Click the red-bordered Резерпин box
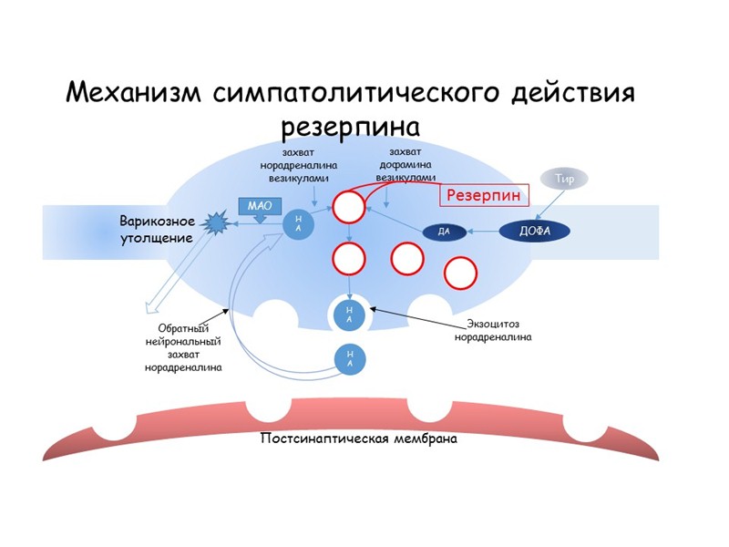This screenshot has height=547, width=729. pyautogui.click(x=483, y=194)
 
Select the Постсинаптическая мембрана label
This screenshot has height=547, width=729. pyautogui.click(x=358, y=438)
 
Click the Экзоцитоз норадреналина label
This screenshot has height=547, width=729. pyautogui.click(x=492, y=329)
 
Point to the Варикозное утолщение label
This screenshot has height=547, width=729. pyautogui.click(x=157, y=230)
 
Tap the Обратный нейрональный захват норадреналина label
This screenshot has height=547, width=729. pyautogui.click(x=183, y=348)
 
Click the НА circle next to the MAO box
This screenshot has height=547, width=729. pyautogui.click(x=299, y=222)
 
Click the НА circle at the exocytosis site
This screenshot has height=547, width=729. pyautogui.click(x=350, y=315)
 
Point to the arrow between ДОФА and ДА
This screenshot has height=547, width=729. pyautogui.click(x=483, y=232)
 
